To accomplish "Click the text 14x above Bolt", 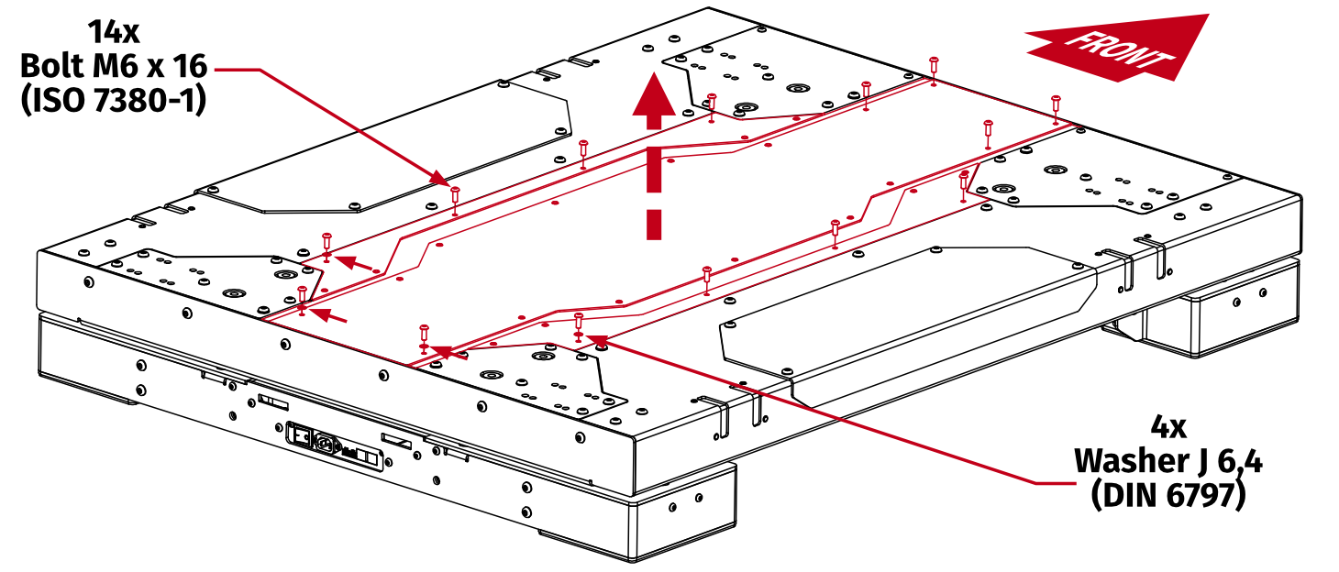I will pyautogui.click(x=114, y=33).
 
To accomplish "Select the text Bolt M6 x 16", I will pyautogui.click(x=114, y=66).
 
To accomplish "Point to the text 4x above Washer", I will pyautogui.click(x=1167, y=427).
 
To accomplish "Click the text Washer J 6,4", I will pyautogui.click(x=1167, y=461).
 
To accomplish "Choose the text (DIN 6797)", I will pyautogui.click(x=1167, y=495).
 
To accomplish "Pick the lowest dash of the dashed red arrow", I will pyautogui.click(x=653, y=224).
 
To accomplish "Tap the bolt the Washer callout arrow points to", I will pyautogui.click(x=578, y=324).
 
